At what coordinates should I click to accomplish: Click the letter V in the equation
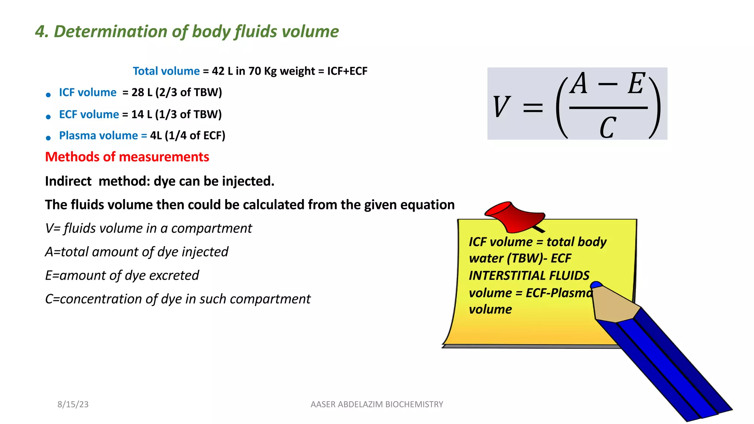[x=501, y=107]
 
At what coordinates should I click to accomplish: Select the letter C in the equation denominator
[x=607, y=127]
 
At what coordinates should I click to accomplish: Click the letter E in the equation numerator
[x=636, y=84]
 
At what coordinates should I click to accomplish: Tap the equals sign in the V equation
[x=533, y=107]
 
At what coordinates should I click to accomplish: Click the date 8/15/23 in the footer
[x=73, y=404]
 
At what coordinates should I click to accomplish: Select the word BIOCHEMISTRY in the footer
[x=414, y=404]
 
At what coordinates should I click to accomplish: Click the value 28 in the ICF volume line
[x=138, y=92]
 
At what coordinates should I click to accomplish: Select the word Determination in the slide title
[x=110, y=31]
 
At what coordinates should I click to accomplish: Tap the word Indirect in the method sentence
[x=68, y=181]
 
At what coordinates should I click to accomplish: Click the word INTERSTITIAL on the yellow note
[x=507, y=275]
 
